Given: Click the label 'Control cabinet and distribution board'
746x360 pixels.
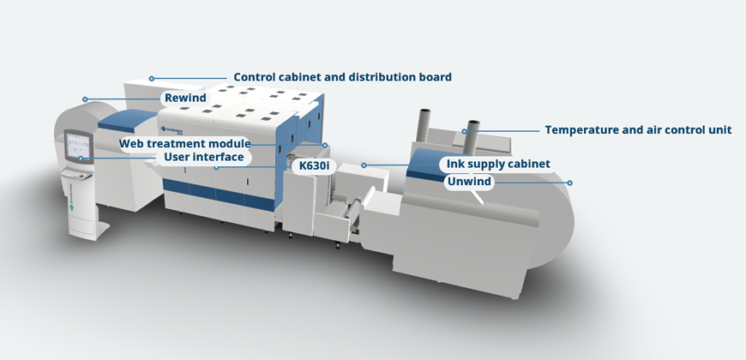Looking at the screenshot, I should point(342,77).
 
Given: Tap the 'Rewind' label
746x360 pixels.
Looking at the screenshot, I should point(185,99).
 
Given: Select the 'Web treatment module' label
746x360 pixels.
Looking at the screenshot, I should point(184,143).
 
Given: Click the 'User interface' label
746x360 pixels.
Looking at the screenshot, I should point(204,157).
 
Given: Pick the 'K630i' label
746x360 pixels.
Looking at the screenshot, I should point(311,165).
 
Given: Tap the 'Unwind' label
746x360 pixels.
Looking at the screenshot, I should point(469,181).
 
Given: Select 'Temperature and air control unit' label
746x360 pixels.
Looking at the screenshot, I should point(638,130).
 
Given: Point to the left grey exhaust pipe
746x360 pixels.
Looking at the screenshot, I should point(423,128).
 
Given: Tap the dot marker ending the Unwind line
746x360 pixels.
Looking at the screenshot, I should point(569,182).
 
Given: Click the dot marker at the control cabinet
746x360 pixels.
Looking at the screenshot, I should point(152,78).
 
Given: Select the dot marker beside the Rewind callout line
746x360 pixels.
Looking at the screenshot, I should point(84,99).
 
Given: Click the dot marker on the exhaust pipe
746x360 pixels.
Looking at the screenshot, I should point(465,131).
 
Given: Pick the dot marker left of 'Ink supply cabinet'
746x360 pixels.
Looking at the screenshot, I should point(364,164).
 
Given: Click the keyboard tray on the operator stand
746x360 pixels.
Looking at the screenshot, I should point(76,176).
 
